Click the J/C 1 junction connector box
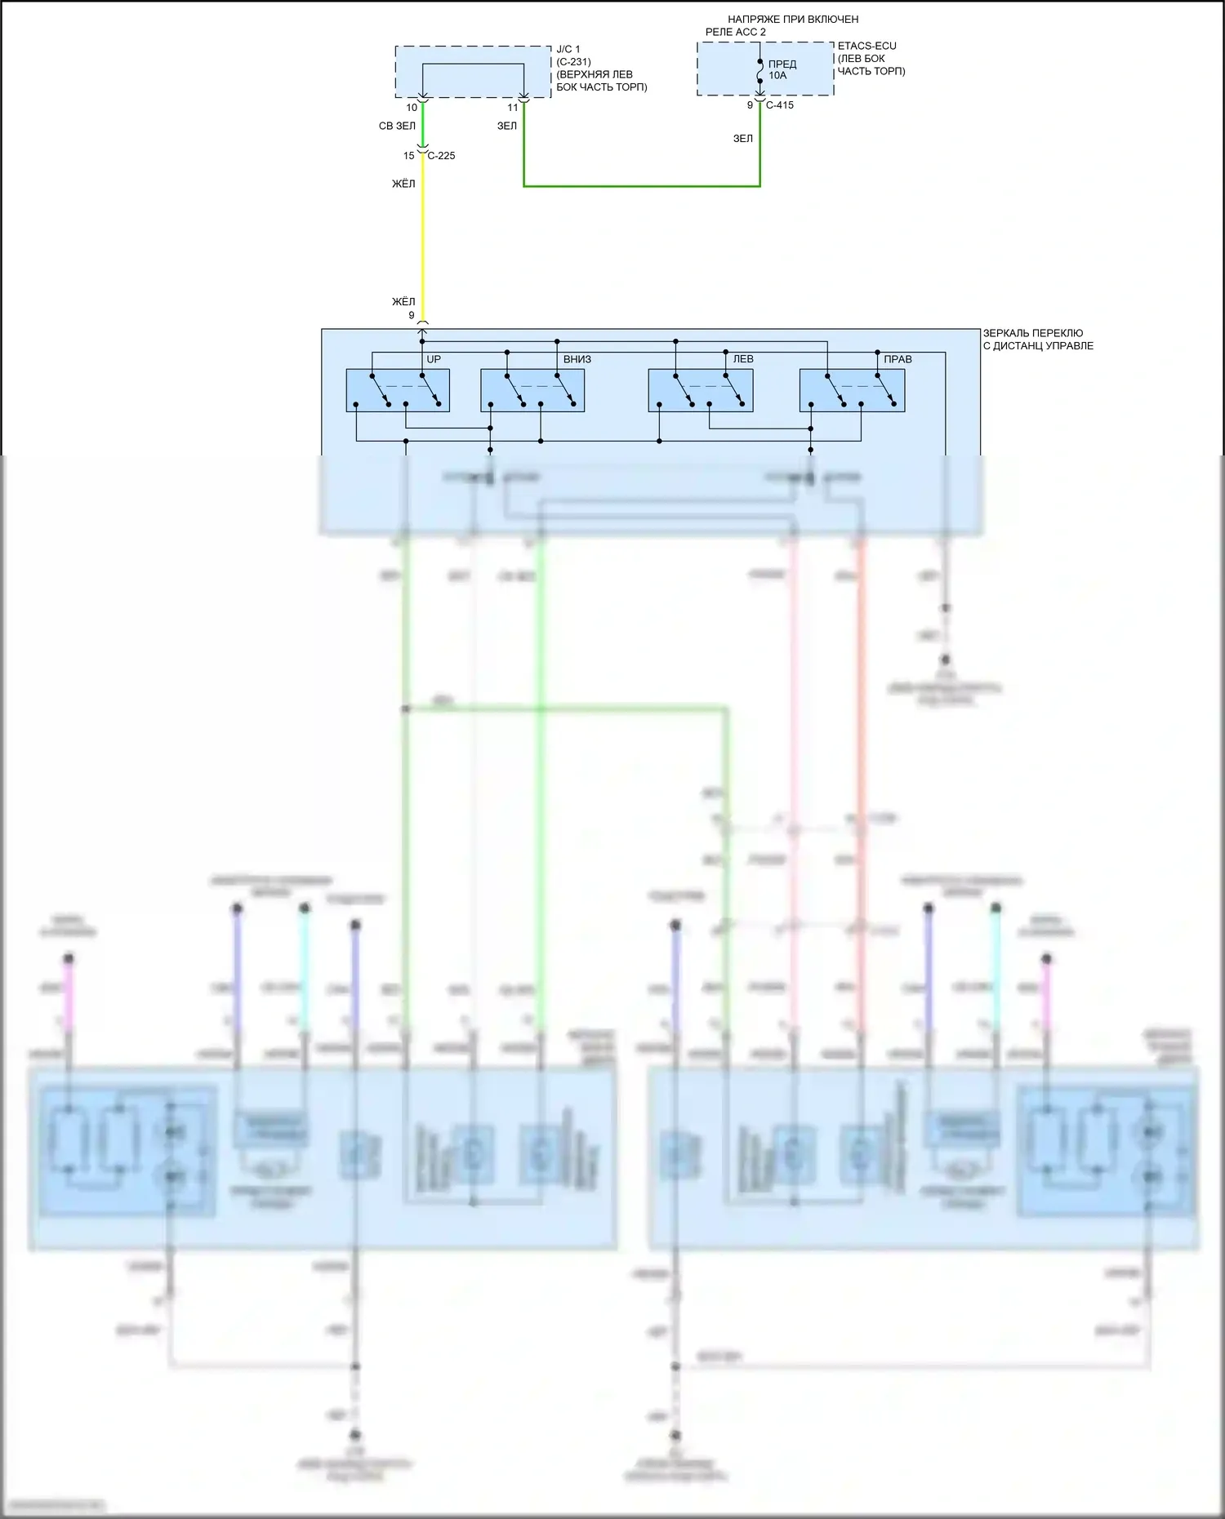coord(473,71)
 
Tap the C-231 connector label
coord(573,62)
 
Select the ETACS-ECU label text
coord(866,46)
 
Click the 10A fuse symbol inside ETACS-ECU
coord(760,71)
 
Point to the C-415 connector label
coord(780,105)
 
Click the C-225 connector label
coord(442,156)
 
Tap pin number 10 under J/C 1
coord(412,108)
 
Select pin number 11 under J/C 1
coord(513,108)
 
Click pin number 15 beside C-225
coord(409,156)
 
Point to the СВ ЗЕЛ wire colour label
coord(397,127)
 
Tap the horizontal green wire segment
coord(642,186)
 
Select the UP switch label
coord(434,359)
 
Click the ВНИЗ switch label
coord(577,359)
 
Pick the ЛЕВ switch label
coord(743,359)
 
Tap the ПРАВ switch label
coord(898,359)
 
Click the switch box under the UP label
coord(398,390)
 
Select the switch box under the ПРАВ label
coord(852,390)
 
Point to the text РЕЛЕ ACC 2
coord(736,32)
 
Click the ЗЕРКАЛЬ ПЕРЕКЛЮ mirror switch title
coord(1032,333)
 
